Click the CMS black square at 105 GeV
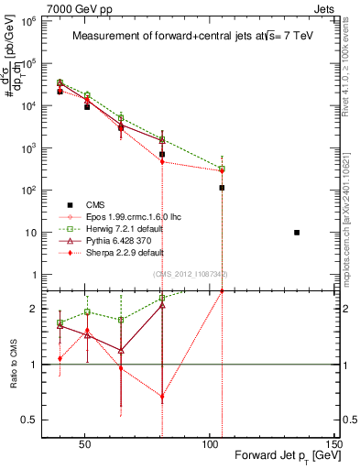222,188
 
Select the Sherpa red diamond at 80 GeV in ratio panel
162,398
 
